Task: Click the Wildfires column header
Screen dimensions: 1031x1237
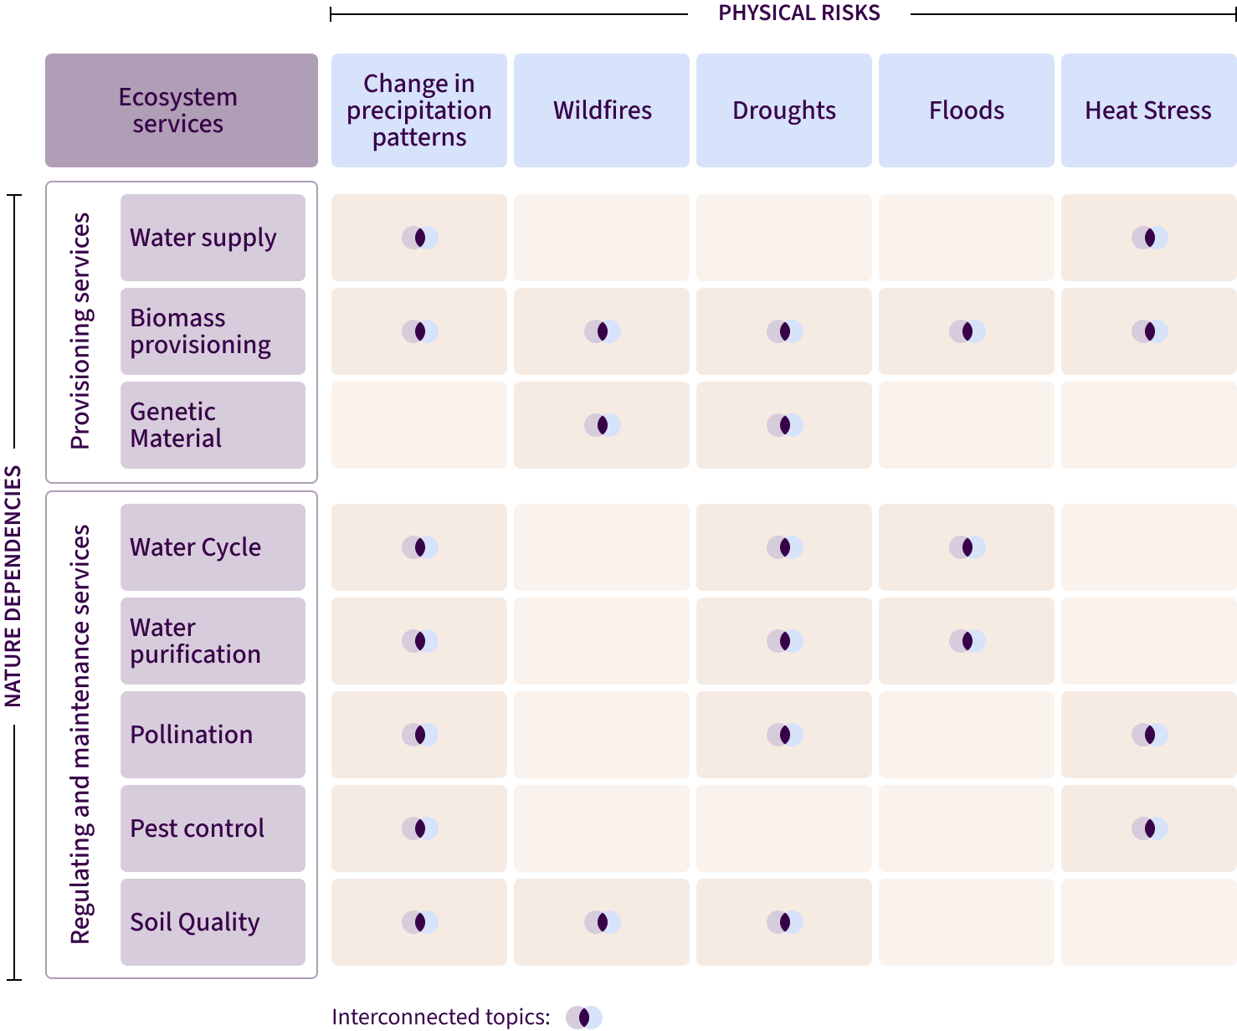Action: pos(602,110)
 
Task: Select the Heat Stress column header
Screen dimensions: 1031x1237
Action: pos(1148,110)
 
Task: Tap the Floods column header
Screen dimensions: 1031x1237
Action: pos(967,110)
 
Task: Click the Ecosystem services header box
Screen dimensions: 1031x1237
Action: pos(182,110)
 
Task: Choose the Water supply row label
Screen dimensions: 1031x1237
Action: pos(213,238)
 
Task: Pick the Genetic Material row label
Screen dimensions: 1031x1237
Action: pos(213,425)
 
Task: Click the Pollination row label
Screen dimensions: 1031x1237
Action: pos(213,735)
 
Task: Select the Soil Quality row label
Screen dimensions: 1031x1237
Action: pos(213,922)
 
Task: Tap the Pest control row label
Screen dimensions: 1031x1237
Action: pos(213,828)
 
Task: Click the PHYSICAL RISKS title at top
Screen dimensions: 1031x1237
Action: pos(799,13)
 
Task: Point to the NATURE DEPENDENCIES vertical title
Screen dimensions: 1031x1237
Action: pos(13,586)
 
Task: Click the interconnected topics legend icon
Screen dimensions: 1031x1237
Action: pos(584,1018)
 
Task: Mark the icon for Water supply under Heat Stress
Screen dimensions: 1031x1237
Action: pos(1150,238)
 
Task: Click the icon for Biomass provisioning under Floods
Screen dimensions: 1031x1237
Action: pos(968,331)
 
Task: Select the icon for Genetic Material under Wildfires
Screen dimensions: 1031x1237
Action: pos(603,425)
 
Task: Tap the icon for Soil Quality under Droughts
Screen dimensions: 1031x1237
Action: pos(785,922)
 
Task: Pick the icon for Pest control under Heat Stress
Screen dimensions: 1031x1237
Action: pos(1150,828)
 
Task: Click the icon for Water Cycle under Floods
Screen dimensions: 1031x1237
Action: pos(968,547)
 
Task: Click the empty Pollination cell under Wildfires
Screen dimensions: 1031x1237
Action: pos(602,735)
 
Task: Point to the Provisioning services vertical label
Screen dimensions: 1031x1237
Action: pos(80,331)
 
